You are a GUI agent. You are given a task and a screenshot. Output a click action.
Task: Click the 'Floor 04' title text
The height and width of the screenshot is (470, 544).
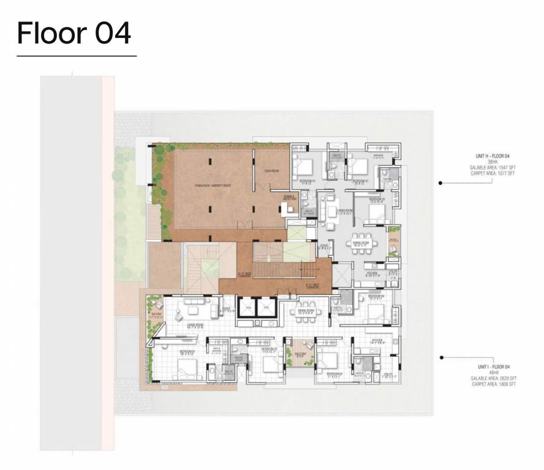(x=74, y=33)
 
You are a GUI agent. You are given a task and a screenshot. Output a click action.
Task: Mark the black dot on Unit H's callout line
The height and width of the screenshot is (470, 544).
(x=440, y=182)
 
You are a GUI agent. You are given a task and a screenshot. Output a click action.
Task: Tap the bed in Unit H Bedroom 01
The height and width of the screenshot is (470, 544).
(x=303, y=165)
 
